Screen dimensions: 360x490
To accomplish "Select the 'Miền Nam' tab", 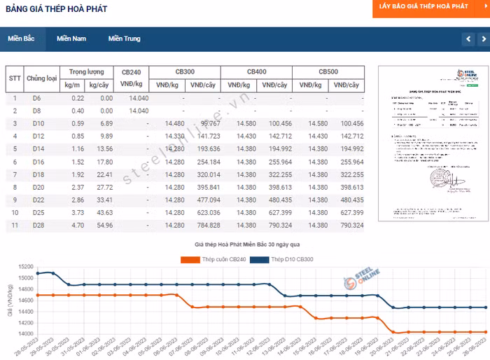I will (x=71, y=39).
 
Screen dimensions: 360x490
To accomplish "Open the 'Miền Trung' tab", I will (x=124, y=39).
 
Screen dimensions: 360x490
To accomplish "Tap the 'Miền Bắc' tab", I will (x=21, y=39).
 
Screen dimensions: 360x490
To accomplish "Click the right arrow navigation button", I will (x=482, y=39).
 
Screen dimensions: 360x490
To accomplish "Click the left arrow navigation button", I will (x=468, y=39).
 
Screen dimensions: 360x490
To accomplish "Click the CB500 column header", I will (x=328, y=72).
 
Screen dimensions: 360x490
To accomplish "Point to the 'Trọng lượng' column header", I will (x=87, y=72).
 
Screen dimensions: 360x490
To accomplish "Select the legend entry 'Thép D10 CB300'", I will (x=283, y=260).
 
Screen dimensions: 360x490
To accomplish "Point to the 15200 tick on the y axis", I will (x=25, y=266).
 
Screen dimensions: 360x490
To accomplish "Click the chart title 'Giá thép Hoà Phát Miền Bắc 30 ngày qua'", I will (x=246, y=244).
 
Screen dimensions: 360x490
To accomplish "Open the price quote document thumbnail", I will (x=428, y=144).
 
